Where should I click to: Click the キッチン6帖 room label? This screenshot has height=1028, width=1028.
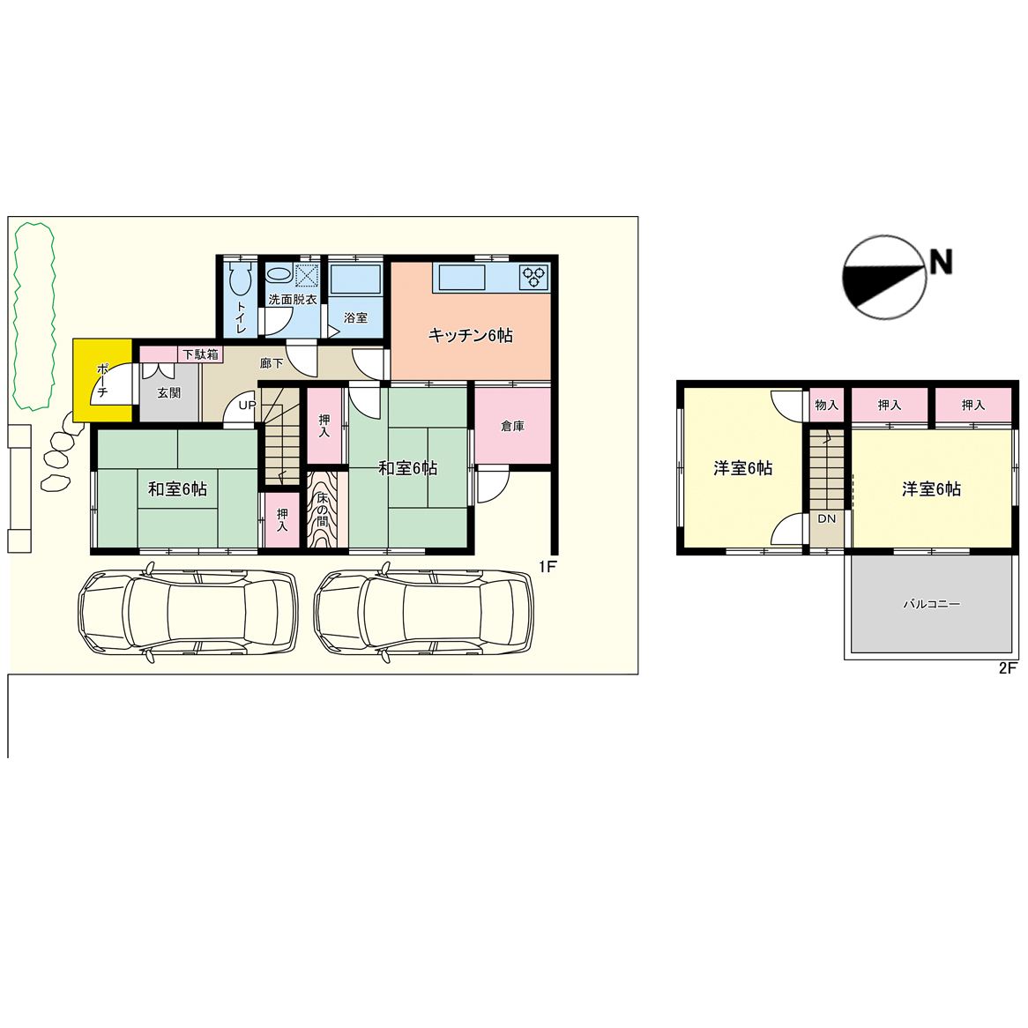[x=470, y=336]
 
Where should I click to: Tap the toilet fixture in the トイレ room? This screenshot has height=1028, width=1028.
[x=240, y=279]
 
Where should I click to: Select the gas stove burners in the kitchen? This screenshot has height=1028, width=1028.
[x=534, y=277]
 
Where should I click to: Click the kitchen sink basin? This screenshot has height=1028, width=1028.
[x=462, y=278]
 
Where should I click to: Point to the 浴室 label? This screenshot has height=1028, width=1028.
[x=355, y=317]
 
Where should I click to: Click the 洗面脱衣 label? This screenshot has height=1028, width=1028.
[x=293, y=300]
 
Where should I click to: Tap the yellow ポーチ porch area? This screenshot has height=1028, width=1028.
[x=103, y=380]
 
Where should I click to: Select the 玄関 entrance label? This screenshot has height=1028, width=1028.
[x=168, y=392]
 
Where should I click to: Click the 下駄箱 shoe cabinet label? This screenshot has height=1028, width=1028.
[x=200, y=354]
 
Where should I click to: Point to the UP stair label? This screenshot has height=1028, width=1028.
[x=247, y=406]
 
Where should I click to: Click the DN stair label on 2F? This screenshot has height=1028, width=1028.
[x=827, y=518]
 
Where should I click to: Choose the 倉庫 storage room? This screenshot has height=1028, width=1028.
[x=513, y=426]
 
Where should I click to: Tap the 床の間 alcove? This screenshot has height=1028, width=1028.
[x=323, y=510]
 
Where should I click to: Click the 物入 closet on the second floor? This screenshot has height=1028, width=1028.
[x=827, y=406]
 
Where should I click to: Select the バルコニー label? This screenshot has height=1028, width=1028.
[x=932, y=604]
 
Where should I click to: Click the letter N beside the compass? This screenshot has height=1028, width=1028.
[x=941, y=262]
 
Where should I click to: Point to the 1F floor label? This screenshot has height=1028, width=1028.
[x=548, y=566]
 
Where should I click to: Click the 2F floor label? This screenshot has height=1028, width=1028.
[x=1008, y=668]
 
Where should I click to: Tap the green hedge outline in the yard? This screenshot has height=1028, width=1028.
[x=34, y=316]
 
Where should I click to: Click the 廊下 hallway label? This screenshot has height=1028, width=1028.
[x=272, y=362]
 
